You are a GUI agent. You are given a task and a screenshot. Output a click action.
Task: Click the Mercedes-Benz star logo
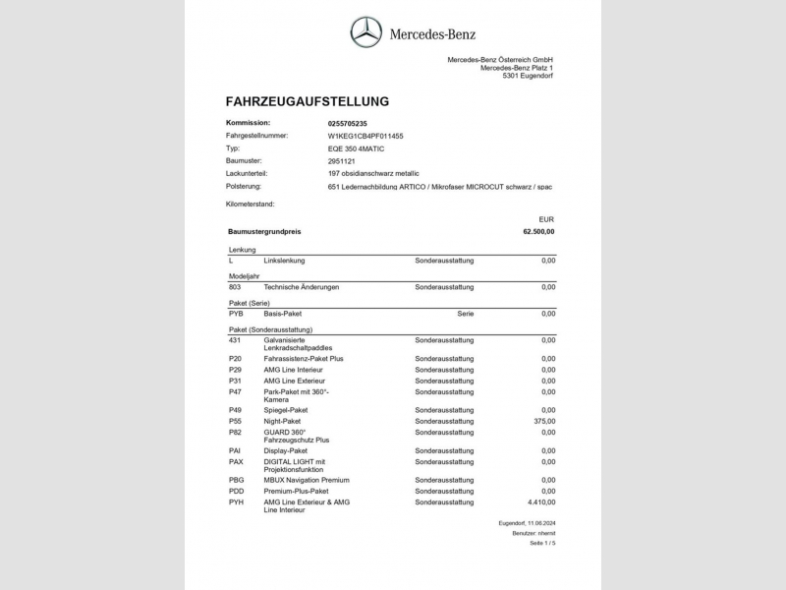coord(366,34)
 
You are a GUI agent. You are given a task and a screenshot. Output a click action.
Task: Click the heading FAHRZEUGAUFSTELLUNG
coord(308,101)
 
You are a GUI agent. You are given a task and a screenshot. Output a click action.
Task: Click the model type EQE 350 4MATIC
coord(356,148)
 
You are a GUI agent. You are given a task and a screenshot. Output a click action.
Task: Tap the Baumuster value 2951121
coord(342,160)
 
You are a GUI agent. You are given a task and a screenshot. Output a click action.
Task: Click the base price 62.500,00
coord(538,232)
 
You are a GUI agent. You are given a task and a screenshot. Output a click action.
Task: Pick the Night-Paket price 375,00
coord(543,421)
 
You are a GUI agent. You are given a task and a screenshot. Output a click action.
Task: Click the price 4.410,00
coord(538,501)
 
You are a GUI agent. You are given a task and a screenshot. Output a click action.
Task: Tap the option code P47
coord(235,391)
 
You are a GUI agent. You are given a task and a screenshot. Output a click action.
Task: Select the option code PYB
coord(236,314)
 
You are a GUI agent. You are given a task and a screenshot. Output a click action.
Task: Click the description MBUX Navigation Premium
coord(307,480)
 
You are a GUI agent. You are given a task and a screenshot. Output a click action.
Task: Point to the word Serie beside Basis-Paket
coord(465,314)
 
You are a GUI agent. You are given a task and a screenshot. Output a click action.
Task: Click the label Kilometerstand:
coord(251,204)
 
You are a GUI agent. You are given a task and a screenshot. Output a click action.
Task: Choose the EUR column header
coord(547,218)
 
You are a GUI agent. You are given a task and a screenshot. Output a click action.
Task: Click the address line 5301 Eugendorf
coord(528,76)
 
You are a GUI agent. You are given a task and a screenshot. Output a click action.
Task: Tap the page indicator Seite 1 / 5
coord(542,543)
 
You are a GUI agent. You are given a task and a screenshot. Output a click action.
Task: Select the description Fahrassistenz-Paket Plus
coord(304,359)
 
